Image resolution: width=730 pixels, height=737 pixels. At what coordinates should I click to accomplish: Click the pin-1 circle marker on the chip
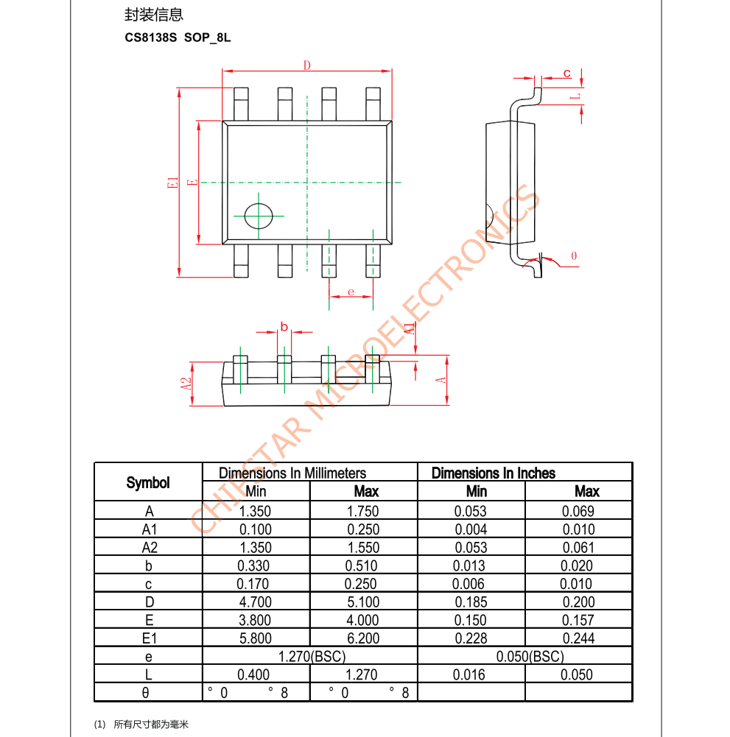[259, 216]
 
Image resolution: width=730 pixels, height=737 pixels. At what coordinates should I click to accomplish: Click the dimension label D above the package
[307, 66]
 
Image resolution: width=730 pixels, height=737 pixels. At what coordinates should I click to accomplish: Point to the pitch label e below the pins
[351, 292]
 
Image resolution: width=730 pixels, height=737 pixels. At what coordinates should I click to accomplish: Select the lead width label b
[284, 326]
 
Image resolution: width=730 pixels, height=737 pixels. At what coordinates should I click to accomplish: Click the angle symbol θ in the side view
[574, 256]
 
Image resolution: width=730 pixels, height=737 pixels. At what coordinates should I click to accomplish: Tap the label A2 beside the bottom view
[186, 384]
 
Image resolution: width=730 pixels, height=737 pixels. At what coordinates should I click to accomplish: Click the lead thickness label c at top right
[566, 72]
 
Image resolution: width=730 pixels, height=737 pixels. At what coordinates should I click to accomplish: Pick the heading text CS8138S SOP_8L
[178, 38]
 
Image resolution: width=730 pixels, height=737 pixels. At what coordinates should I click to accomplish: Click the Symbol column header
[148, 483]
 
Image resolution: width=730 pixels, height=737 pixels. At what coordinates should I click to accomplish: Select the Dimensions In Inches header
[494, 473]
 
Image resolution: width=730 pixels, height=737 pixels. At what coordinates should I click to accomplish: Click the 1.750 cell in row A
[363, 511]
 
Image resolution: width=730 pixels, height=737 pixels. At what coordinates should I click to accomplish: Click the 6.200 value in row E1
[363, 638]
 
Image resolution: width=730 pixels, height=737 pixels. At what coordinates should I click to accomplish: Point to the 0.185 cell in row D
[471, 602]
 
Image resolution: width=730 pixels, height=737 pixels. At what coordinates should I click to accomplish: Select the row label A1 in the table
[149, 529]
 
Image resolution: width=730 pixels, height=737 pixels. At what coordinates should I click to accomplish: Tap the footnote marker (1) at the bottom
[100, 724]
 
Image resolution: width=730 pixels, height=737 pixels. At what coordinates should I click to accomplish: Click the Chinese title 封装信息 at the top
[154, 15]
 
